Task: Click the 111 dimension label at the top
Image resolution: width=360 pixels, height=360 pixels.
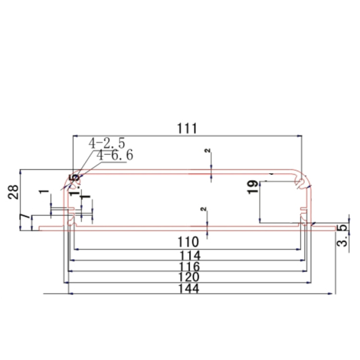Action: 186,128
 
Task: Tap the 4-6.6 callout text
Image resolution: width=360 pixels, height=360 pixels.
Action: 114,155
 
